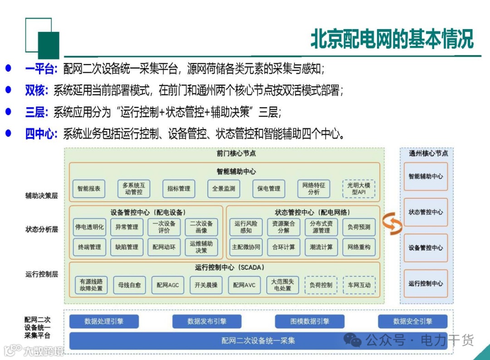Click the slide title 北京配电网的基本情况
[392, 39]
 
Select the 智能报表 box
[89, 189]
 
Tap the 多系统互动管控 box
[133, 189]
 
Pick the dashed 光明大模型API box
[358, 189]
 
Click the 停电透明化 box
[89, 227]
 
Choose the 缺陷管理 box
[127, 247]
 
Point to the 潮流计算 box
[321, 247]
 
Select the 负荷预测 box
[359, 227]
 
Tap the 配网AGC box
[168, 285]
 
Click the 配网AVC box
[244, 285]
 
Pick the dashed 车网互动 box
[359, 285]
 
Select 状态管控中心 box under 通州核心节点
[426, 212]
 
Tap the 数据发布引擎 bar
[207, 321]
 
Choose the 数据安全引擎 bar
[412, 321]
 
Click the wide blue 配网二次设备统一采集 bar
[258, 340]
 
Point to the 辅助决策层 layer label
[42, 196]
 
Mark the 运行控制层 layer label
[42, 274]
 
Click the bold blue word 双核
[36, 90]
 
